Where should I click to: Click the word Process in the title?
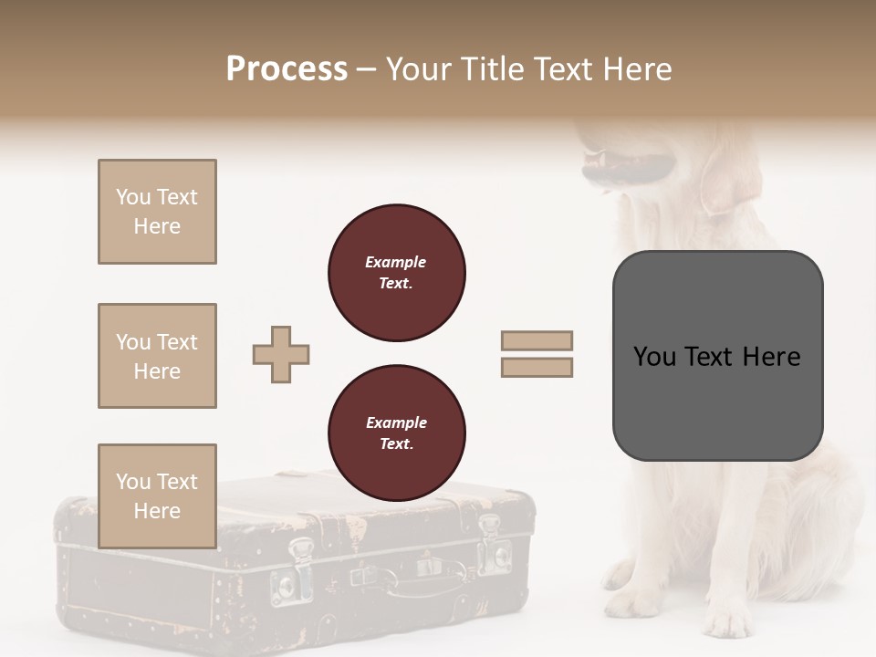pyautogui.click(x=287, y=69)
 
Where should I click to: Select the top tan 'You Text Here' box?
pyautogui.click(x=157, y=212)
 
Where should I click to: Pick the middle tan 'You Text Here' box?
pyautogui.click(x=157, y=356)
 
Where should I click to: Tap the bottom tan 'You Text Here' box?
pyautogui.click(x=157, y=496)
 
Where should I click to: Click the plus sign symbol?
pyautogui.click(x=281, y=354)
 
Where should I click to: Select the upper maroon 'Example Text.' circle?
pyautogui.click(x=397, y=273)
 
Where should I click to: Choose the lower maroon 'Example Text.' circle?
pyautogui.click(x=397, y=433)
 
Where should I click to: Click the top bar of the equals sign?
pyautogui.click(x=537, y=340)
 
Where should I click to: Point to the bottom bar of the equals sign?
pyautogui.click(x=537, y=367)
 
